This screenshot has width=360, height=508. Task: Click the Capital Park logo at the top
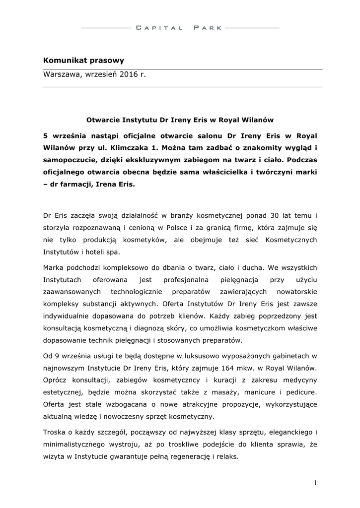179,28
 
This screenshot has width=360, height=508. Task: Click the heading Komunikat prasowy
83,61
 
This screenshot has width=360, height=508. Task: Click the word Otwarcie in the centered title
102,120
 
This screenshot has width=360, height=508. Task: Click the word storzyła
58,228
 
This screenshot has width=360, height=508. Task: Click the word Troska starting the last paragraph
55,431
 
